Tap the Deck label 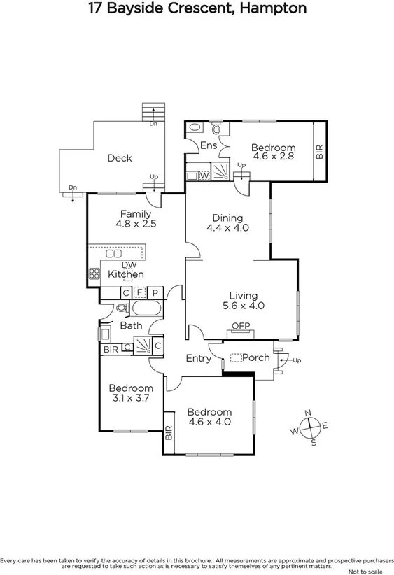(120, 158)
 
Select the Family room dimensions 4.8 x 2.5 (136, 225)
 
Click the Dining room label (227, 217)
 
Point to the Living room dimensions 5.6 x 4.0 (243, 306)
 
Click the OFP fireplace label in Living (241, 325)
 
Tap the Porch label (255, 357)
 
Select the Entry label (198, 358)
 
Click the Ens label (209, 145)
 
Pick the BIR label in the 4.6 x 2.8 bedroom (319, 152)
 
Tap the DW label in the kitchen (129, 264)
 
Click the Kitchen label (126, 274)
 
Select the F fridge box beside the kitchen (140, 292)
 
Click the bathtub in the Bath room (146, 308)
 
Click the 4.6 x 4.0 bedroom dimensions (209, 422)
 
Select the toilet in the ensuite (216, 129)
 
